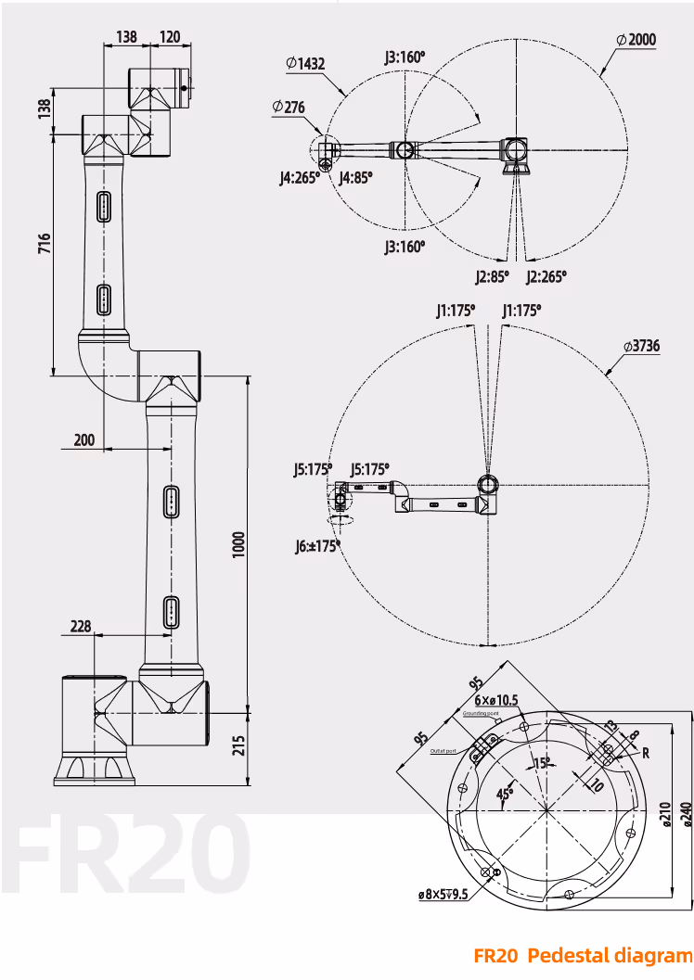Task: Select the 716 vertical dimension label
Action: (44, 243)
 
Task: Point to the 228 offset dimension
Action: (80, 626)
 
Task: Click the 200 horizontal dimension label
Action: (84, 440)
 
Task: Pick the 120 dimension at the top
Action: (170, 36)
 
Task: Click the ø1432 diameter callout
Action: (305, 63)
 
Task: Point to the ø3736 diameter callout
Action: (641, 346)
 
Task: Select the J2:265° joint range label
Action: (546, 275)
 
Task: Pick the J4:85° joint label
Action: (355, 176)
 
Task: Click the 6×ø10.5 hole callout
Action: (496, 700)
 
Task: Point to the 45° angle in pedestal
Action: (505, 793)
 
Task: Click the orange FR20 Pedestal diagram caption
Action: (582, 955)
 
